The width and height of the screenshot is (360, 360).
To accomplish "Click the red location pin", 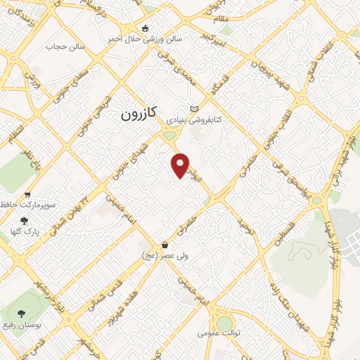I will click(181, 165).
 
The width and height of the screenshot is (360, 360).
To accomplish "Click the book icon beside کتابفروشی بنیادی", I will click(195, 110).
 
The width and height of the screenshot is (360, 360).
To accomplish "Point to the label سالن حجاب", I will click(65, 47).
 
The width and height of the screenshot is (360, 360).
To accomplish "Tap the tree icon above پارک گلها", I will click(25, 220).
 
